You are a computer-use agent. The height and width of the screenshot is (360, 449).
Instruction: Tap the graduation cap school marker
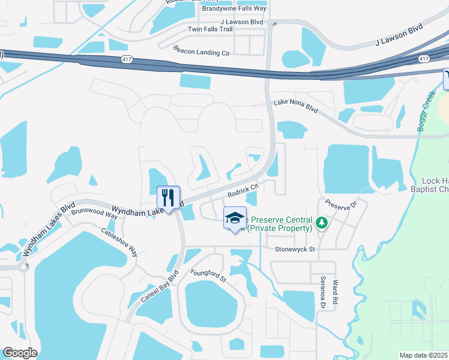coord(235,218)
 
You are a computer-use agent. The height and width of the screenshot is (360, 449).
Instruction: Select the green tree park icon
coord(322,223)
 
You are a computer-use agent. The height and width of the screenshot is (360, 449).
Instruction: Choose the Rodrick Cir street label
coord(243,191)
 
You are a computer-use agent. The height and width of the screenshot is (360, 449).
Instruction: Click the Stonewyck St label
coord(295,249)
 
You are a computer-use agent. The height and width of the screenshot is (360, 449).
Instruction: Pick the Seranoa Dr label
coord(322,293)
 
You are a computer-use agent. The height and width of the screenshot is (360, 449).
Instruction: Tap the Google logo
coord(20,353)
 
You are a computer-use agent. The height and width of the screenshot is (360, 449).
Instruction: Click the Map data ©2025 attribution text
coord(424,355)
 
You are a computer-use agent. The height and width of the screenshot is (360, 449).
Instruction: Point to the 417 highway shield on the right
coord(424,59)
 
